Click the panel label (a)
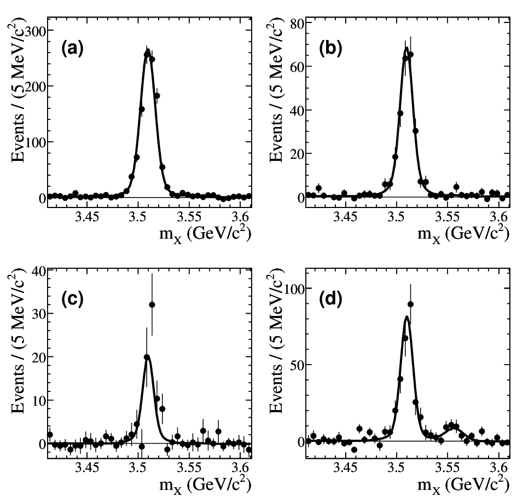click(x=72, y=49)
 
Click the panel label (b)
click(x=330, y=49)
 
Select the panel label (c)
click(x=72, y=299)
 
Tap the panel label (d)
click(x=330, y=299)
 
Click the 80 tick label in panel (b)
click(x=297, y=24)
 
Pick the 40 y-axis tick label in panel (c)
click(x=39, y=271)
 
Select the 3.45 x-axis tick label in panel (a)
click(x=87, y=217)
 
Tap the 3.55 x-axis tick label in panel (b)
click(x=447, y=217)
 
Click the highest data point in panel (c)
click(x=152, y=304)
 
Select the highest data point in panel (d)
click(x=410, y=304)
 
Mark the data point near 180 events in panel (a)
click(x=157, y=96)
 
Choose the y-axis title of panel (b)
click(x=276, y=90)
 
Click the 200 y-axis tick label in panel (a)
click(x=36, y=87)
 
